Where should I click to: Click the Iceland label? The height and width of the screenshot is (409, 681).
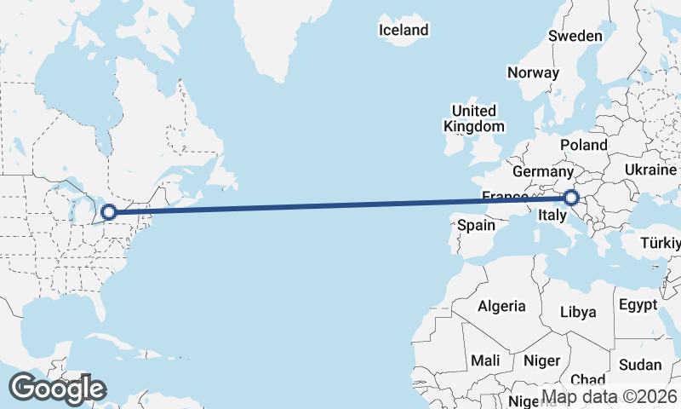(403, 30)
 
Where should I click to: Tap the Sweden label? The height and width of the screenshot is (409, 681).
(575, 36)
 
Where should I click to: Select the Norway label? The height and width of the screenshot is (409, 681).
(533, 72)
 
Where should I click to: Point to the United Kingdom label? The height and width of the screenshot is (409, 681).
(473, 118)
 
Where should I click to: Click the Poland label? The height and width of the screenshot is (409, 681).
(583, 145)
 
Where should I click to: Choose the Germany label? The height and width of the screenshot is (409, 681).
(544, 171)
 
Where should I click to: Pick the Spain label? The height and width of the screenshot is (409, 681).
(476, 225)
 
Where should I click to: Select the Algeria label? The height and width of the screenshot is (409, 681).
(501, 306)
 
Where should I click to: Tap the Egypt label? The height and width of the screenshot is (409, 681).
(638, 304)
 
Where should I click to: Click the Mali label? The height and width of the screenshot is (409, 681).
(485, 360)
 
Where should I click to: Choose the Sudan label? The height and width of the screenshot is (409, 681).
(639, 364)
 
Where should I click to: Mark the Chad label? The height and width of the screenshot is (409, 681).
(588, 379)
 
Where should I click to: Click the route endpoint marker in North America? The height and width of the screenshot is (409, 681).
(108, 211)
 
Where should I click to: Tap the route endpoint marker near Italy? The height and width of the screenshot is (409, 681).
(571, 199)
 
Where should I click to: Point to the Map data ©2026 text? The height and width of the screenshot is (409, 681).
(609, 396)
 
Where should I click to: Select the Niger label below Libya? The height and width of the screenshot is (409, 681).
(541, 360)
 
